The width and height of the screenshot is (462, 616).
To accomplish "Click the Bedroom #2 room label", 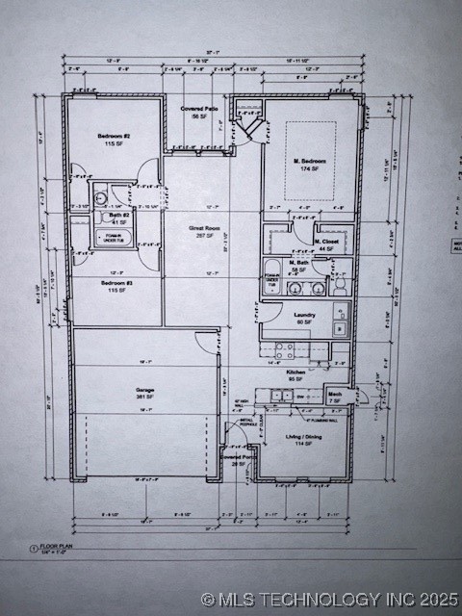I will click(114, 137).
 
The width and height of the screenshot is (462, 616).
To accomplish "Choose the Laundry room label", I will click(305, 315).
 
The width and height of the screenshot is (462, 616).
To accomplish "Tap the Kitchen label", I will click(296, 372).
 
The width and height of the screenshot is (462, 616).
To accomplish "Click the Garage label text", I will click(145, 390).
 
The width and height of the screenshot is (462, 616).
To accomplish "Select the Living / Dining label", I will click(304, 436).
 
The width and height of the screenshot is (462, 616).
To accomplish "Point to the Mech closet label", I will click(335, 394).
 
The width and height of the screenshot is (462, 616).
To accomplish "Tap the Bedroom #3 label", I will click(115, 283).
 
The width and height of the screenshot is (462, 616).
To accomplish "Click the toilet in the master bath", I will click(339, 286).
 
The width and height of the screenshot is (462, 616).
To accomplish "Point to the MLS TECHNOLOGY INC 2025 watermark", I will click(329, 599).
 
